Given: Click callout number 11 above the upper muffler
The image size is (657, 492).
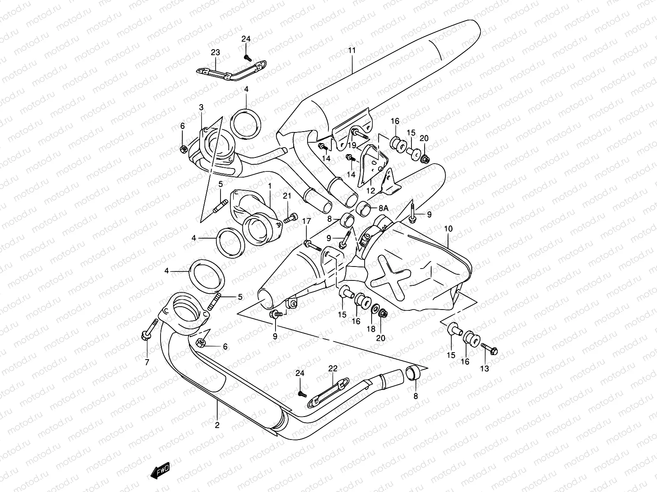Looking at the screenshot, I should [352, 50].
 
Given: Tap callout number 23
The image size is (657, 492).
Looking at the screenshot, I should [216, 52].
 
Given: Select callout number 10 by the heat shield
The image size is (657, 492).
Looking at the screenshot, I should [448, 228].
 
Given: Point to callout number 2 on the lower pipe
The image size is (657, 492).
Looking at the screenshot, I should [217, 425].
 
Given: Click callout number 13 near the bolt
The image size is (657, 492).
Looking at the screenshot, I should [485, 369].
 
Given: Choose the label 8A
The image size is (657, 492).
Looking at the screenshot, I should [383, 208].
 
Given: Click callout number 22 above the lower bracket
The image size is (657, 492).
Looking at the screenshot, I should [332, 369].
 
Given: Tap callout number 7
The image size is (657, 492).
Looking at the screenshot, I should [147, 362].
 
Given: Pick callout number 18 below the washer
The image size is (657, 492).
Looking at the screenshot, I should [371, 329].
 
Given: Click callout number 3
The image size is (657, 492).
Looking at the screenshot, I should [201, 107].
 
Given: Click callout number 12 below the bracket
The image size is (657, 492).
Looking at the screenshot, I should [371, 190].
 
